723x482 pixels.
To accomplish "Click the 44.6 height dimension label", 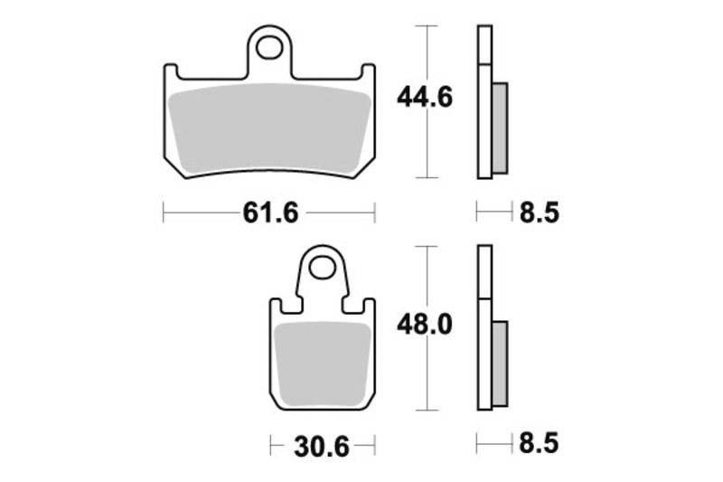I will [424, 99].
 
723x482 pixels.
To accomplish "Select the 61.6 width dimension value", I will [268, 213].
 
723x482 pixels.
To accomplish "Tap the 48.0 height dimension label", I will [424, 323].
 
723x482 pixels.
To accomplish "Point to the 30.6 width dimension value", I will [322, 446].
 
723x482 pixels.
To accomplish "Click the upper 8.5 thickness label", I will [540, 213].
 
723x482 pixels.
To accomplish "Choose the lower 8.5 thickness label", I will [540, 444].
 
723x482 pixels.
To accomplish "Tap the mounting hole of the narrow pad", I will [323, 268].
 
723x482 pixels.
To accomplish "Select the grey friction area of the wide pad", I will [269, 127].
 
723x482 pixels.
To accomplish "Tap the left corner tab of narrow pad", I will [277, 306].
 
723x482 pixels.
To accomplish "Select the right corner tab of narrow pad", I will [369, 306].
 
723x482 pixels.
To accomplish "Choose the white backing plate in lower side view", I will [484, 335].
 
